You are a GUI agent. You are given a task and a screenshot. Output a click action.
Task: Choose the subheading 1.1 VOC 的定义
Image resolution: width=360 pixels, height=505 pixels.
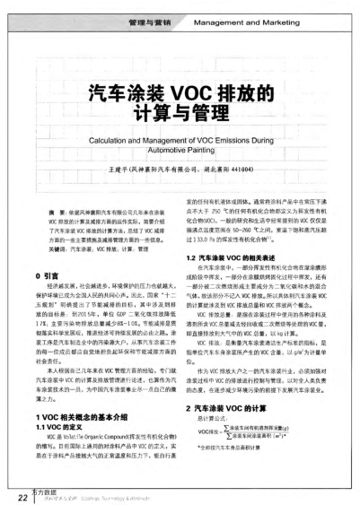tap(61, 430)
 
